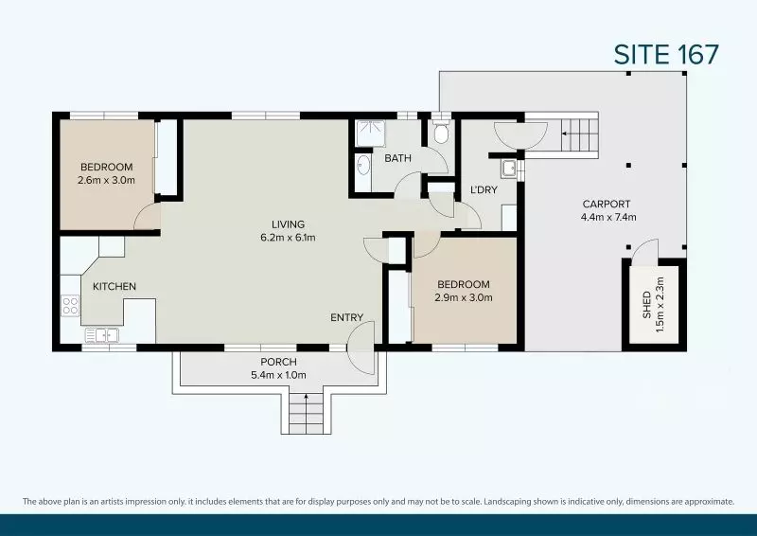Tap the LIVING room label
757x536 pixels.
point(288,224)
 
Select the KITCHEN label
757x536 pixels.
point(114,286)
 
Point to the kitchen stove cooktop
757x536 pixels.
point(70,305)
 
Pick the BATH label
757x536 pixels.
point(397,158)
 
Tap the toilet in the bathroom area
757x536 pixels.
point(440,134)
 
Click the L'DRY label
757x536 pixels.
point(484,189)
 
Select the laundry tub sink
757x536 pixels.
point(509,169)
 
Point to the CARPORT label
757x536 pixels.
point(607,204)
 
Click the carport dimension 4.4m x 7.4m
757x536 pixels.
point(607,217)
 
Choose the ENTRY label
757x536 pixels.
point(346,317)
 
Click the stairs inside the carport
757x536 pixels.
point(579,134)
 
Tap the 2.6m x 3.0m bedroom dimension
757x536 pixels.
point(106,180)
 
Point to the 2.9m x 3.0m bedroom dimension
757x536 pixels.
point(464,297)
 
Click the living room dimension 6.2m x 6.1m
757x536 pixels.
point(288,238)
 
